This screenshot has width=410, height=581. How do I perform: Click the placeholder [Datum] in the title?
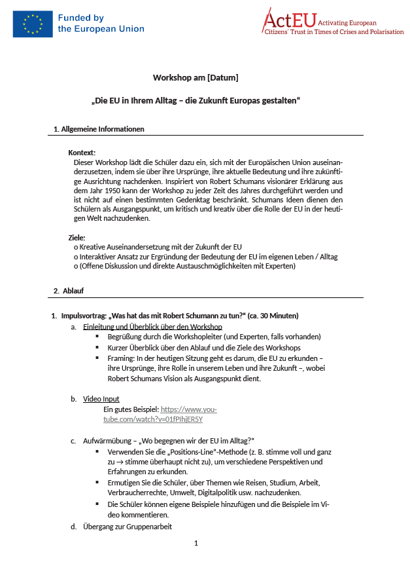[x=222, y=77]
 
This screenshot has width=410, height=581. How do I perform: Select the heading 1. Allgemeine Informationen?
[x=99, y=129]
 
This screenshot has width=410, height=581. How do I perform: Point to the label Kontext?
[x=82, y=152]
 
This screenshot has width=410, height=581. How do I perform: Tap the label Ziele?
[x=77, y=237]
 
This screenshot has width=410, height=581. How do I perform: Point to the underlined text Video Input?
[x=101, y=399]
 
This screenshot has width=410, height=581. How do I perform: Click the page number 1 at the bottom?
[x=196, y=543]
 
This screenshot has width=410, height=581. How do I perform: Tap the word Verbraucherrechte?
[x=138, y=492]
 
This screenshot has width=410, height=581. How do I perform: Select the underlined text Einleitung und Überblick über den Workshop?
[x=152, y=326]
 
